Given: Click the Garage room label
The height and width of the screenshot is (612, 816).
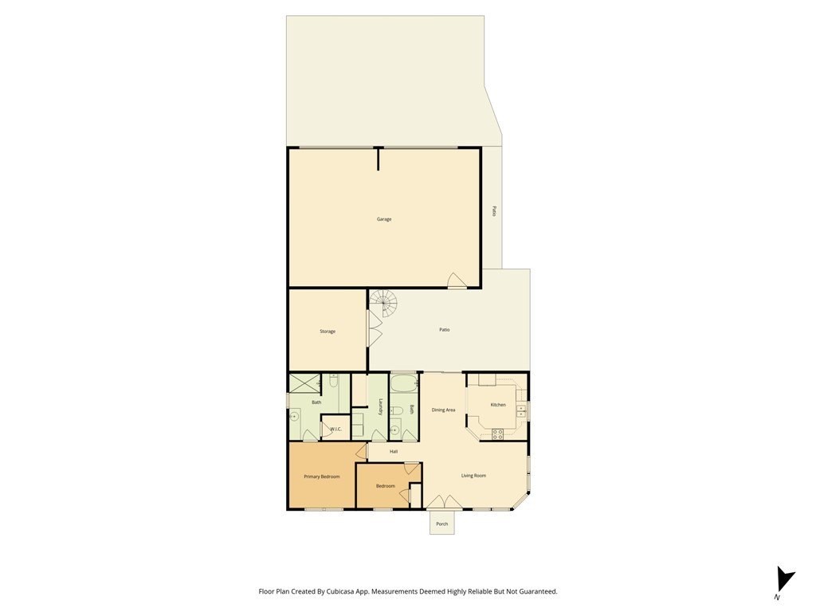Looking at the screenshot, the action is pyautogui.click(x=384, y=219).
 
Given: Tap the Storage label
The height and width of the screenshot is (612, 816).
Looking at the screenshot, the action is pyautogui.click(x=328, y=331).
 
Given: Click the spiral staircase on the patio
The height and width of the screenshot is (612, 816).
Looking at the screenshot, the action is pyautogui.click(x=383, y=304).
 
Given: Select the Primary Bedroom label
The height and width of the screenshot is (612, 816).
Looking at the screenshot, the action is pyautogui.click(x=322, y=477).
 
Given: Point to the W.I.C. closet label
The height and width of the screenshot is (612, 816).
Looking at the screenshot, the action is pyautogui.click(x=335, y=429).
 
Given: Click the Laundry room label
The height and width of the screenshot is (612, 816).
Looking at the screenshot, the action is pyautogui.click(x=381, y=407).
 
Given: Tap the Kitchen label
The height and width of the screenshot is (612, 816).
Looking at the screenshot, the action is pyautogui.click(x=498, y=404).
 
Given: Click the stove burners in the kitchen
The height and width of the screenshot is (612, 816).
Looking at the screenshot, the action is pyautogui.click(x=497, y=434).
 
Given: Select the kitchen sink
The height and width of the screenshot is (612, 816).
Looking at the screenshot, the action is pyautogui.click(x=520, y=411).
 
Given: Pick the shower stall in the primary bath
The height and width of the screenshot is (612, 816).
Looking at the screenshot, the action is pyautogui.click(x=304, y=383).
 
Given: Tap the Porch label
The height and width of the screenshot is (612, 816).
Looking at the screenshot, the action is pyautogui.click(x=441, y=524).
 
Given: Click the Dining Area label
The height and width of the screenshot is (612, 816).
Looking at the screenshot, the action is pyautogui.click(x=443, y=410).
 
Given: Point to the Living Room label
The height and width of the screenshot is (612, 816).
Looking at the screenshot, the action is pyautogui.click(x=473, y=475).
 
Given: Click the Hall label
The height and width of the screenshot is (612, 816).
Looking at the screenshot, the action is pyautogui.click(x=394, y=451).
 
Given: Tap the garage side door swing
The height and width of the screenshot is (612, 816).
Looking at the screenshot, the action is pyautogui.click(x=457, y=280).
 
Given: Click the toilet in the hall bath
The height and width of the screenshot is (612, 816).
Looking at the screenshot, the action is pyautogui.click(x=397, y=412).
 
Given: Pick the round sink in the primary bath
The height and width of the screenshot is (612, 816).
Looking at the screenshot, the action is pyautogui.click(x=295, y=416).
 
